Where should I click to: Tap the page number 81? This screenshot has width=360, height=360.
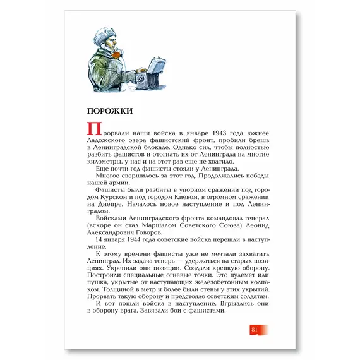(x=254, y=330)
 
